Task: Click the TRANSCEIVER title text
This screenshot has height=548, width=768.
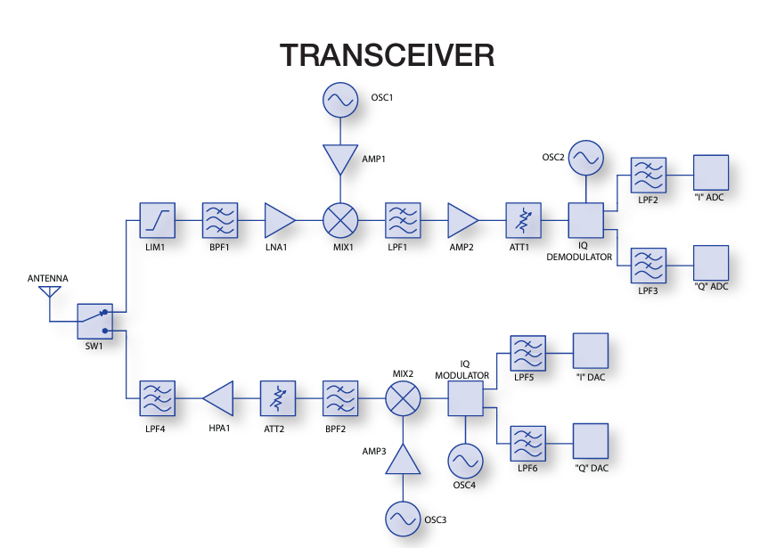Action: (387, 55)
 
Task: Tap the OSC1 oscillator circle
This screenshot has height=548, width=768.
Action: (340, 100)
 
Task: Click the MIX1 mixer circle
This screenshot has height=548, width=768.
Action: (340, 219)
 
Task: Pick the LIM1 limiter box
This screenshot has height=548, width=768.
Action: (158, 219)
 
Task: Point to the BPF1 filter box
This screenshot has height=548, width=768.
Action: (219, 219)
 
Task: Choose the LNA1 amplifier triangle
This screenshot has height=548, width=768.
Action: (278, 219)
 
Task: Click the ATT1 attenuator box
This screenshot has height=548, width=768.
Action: (523, 219)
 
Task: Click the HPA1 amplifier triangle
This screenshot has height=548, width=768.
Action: (219, 397)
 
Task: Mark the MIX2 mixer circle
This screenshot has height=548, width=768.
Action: (403, 397)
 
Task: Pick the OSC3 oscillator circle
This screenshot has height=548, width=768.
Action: (403, 519)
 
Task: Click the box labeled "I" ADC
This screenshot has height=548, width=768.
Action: (711, 173)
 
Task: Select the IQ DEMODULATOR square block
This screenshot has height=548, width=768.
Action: (585, 219)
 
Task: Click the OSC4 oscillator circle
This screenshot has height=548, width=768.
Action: (464, 461)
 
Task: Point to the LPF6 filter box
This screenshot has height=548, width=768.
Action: (526, 443)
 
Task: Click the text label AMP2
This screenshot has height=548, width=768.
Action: (462, 248)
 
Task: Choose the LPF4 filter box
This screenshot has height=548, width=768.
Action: (158, 397)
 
